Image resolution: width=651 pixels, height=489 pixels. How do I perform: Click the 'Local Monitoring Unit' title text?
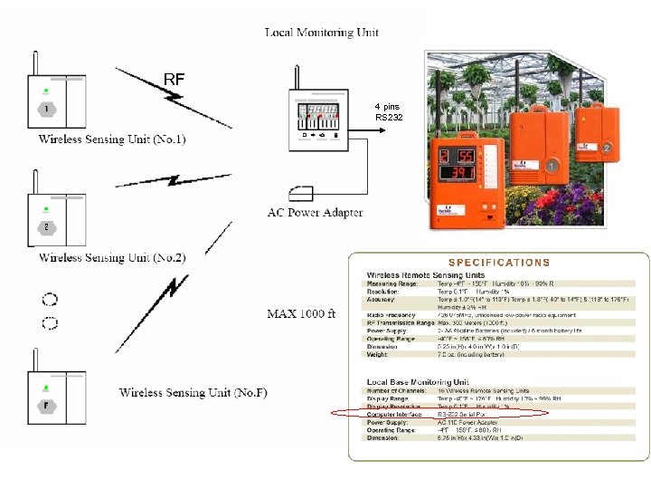click(321, 33)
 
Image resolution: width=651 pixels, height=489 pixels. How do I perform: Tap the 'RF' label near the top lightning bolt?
click(174, 80)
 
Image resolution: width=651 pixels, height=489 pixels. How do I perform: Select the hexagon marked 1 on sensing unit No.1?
click(46, 110)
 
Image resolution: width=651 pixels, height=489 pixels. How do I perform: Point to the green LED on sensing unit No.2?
click(44, 209)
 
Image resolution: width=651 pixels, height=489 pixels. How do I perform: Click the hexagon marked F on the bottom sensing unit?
click(46, 405)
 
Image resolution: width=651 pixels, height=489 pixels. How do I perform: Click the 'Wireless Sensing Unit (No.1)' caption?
click(112, 139)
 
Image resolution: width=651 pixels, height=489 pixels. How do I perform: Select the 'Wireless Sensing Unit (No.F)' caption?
click(193, 392)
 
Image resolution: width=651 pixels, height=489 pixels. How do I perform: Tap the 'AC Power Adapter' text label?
click(315, 213)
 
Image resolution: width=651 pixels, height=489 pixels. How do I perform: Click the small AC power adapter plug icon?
click(298, 192)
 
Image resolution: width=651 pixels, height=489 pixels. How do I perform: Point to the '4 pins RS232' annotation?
click(388, 112)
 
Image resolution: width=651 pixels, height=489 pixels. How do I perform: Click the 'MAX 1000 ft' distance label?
click(302, 314)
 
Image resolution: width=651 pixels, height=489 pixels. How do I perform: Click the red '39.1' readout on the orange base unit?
click(458, 172)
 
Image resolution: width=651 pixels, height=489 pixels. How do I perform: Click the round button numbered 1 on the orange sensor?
click(551, 166)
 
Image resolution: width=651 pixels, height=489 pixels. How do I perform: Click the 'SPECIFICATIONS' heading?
click(499, 263)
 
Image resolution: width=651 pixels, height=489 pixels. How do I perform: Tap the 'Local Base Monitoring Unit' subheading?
click(419, 381)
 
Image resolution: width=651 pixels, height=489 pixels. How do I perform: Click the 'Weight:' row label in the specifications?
click(378, 354)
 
